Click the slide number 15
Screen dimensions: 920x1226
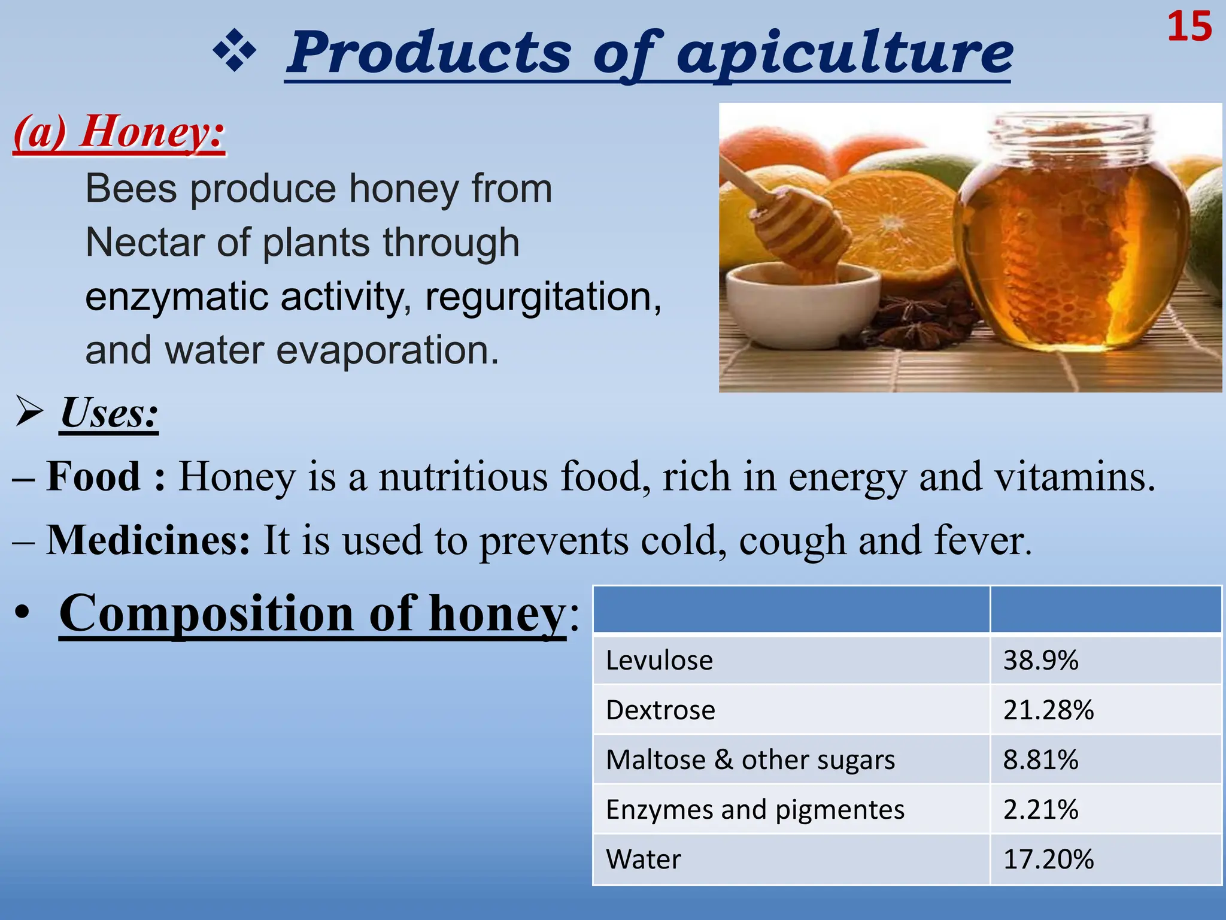click(x=1189, y=28)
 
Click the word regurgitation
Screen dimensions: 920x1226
click(x=542, y=296)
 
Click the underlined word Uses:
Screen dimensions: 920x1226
click(x=109, y=413)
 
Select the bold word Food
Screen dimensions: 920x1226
click(x=93, y=477)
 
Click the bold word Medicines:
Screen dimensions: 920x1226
click(x=148, y=540)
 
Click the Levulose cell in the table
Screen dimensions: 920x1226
click(x=659, y=660)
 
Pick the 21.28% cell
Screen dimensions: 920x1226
click(x=1048, y=710)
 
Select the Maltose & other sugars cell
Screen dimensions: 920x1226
click(x=750, y=759)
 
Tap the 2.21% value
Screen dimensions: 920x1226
click(x=1040, y=809)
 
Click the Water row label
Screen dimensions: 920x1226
click(x=644, y=859)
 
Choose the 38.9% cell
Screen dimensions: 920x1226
click(x=1040, y=660)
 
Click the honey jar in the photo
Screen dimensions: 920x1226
click(x=1072, y=240)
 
